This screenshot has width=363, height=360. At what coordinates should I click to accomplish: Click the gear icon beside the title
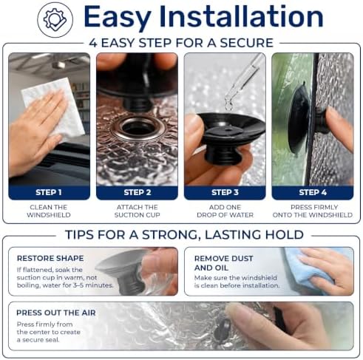(x=55, y=20)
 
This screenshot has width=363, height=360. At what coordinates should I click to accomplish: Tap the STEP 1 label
(x=49, y=192)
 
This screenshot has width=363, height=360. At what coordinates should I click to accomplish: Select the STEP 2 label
(x=138, y=192)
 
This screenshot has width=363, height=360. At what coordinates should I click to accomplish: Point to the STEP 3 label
(x=225, y=192)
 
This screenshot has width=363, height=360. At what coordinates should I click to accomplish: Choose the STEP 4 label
(x=313, y=192)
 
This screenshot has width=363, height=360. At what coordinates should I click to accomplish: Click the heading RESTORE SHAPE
(x=50, y=258)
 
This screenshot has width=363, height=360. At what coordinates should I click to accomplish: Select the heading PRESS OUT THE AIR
(x=56, y=313)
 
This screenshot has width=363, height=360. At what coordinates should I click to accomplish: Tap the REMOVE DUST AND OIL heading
(x=223, y=263)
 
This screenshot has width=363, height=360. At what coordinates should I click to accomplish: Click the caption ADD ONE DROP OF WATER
(x=225, y=211)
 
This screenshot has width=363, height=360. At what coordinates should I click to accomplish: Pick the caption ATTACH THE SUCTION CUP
(x=138, y=211)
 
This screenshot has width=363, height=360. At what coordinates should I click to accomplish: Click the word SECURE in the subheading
(x=246, y=43)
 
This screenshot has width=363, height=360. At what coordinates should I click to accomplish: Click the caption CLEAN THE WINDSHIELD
(x=49, y=211)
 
